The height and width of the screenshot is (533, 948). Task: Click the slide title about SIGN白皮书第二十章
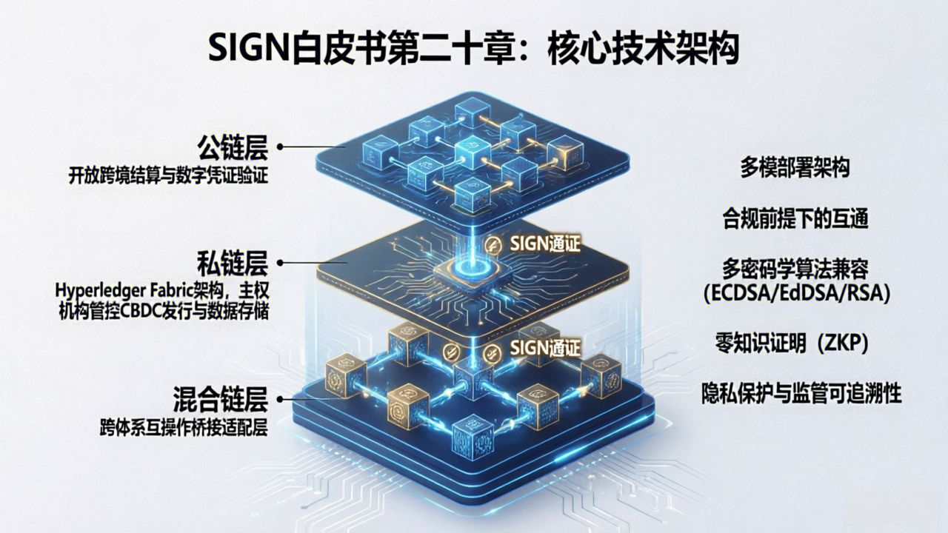[x=474, y=49]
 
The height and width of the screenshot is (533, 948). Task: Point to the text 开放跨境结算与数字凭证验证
[x=167, y=176]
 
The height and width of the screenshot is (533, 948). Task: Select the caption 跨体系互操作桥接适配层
[x=183, y=429]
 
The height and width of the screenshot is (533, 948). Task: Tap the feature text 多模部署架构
[x=795, y=168]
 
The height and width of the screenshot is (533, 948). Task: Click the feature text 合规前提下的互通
[x=795, y=218]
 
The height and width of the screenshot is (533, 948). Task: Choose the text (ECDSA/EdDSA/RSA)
[x=796, y=294]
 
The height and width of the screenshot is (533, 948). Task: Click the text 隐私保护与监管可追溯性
[x=801, y=394]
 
